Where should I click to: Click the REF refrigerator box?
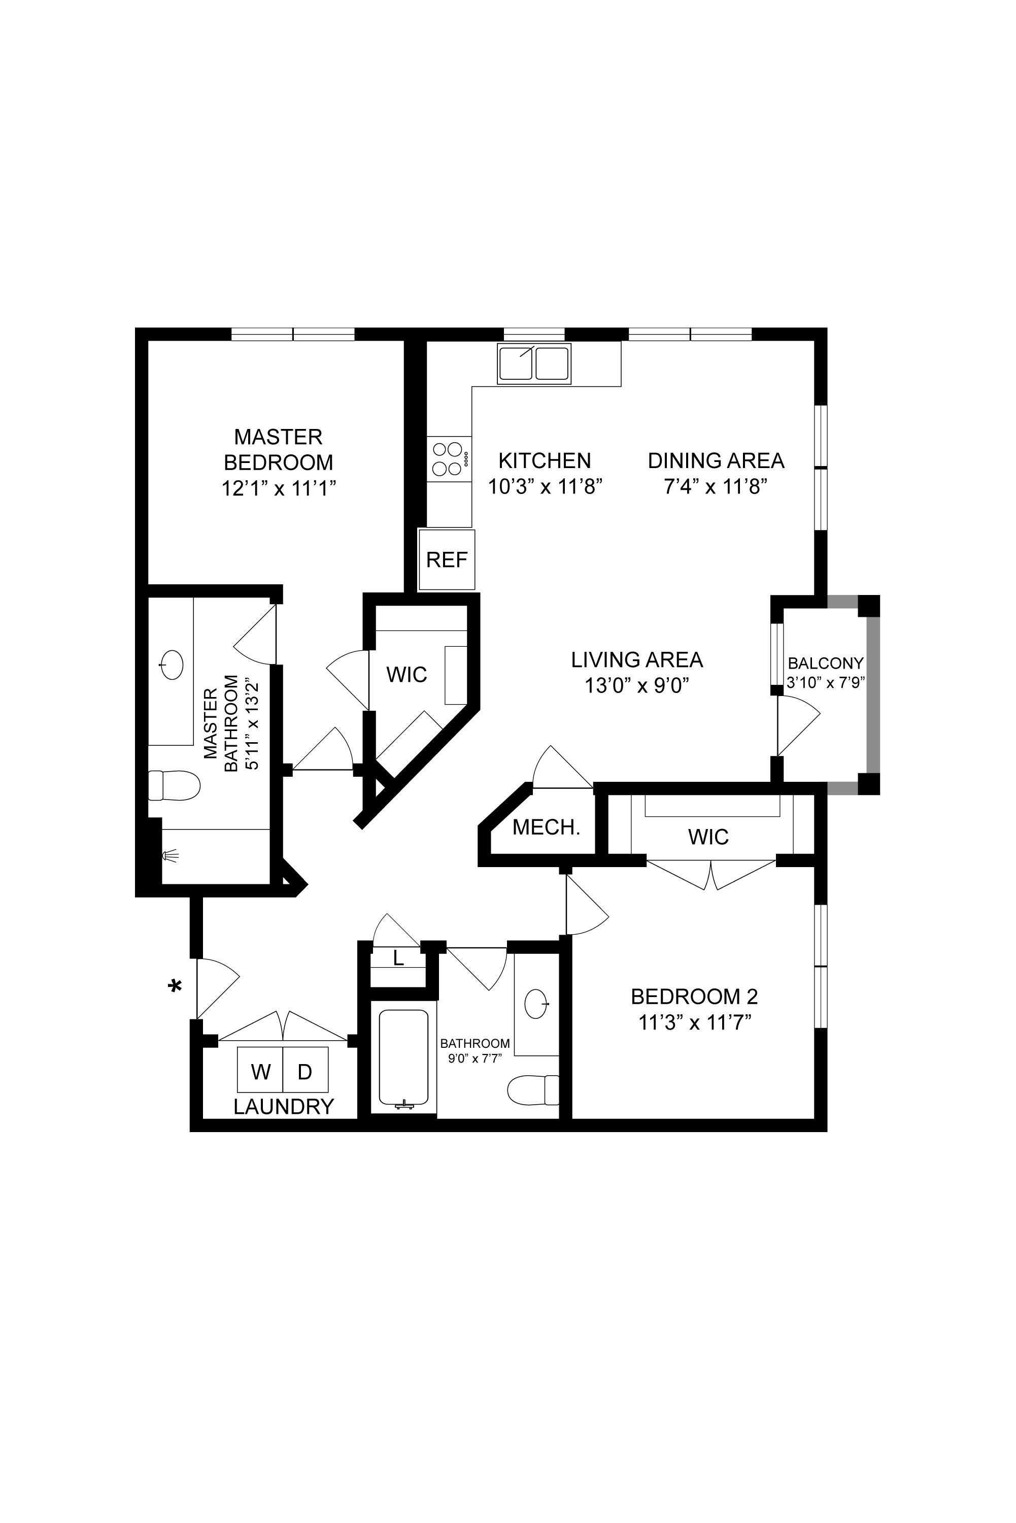point(447,559)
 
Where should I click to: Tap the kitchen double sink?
point(534,363)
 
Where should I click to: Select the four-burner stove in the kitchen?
point(449,459)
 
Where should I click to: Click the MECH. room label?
point(546,827)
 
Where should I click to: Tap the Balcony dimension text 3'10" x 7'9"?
point(826,682)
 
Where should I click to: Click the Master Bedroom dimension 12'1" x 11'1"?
point(279,487)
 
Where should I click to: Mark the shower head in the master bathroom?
point(171,856)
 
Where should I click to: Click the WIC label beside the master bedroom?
point(407,675)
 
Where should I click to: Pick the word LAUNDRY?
point(284,1106)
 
